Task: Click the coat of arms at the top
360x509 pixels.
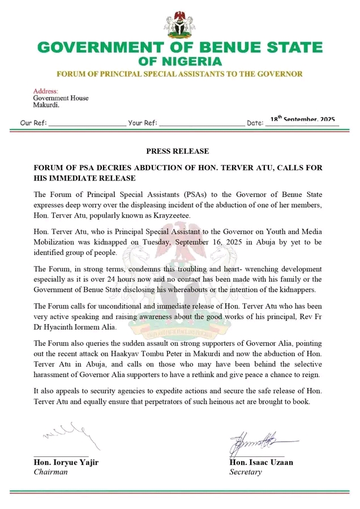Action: click(179, 23)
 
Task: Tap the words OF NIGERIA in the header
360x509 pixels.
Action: click(180, 61)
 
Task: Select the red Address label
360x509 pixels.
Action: click(45, 91)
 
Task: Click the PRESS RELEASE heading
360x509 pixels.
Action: click(177, 152)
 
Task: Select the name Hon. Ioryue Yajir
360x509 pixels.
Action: click(66, 463)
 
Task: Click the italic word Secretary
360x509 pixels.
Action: click(246, 472)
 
